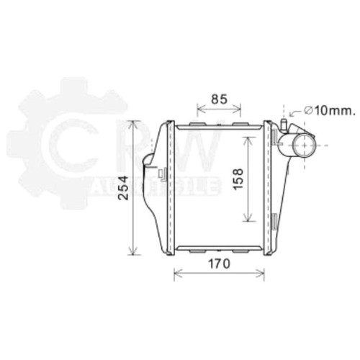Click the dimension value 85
point(219,99)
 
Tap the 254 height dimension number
point(124,188)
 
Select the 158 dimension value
point(238,179)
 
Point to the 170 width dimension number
point(219,264)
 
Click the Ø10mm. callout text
point(329,111)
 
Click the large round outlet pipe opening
point(305,145)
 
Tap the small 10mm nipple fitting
point(284,125)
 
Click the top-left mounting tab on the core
point(198,124)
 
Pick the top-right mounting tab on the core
point(241,124)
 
